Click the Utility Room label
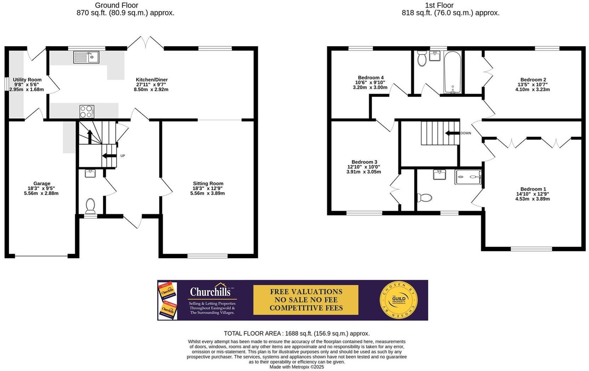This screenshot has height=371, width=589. point(27,80)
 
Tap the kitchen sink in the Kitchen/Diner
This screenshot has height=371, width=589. point(86,57)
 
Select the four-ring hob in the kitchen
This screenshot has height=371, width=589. point(87,112)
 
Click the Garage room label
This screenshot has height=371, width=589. point(42,183)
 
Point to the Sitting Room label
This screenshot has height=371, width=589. point(208,183)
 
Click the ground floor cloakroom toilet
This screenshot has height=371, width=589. point(90,206)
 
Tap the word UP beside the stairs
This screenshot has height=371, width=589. point(122,156)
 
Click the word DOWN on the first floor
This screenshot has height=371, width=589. point(465,133)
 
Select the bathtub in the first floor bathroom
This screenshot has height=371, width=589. point(453,72)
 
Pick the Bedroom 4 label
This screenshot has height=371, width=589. point(371,78)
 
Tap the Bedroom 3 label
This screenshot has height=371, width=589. point(364,162)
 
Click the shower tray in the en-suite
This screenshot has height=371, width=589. point(468,177)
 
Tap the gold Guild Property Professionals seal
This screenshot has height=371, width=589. point(398,300)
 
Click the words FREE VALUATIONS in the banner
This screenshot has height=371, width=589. point(306,292)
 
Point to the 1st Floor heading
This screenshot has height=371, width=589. point(439,5)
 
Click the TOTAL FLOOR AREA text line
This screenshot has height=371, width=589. point(297,333)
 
